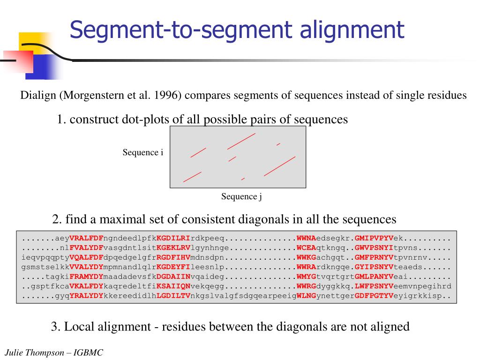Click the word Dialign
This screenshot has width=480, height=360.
coord(39,96)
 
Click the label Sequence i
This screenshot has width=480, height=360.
coord(143,152)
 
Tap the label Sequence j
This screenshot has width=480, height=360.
coord(241,196)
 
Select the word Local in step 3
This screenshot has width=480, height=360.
coord(78,327)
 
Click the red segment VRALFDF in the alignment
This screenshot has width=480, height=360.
coord(86,238)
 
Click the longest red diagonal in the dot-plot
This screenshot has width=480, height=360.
coord(280,166)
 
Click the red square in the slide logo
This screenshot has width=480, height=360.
coord(17,61)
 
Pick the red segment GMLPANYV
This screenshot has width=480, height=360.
coord(375,277)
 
